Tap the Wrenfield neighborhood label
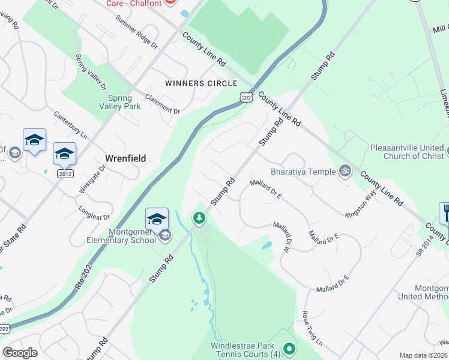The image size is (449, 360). tap(125, 158)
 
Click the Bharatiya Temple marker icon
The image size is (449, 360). tap(345, 171)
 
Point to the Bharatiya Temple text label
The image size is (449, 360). tap(303, 172)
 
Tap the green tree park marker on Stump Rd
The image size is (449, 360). tap(198, 218)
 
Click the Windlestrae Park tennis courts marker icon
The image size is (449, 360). tap(289, 348)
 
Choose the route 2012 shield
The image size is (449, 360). tap(65, 173)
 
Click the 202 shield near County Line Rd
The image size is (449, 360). tap(246, 96)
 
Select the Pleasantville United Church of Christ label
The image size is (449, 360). tap(407, 151)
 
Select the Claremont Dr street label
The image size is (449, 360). tap(163, 107)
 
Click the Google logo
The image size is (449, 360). tap(20, 352)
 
